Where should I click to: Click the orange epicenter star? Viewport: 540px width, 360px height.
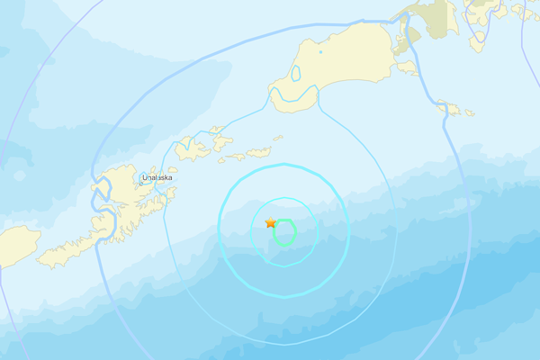[271, 222]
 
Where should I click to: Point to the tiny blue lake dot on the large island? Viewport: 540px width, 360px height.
[319, 52]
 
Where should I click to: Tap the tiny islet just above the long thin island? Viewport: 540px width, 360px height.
[276, 139]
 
